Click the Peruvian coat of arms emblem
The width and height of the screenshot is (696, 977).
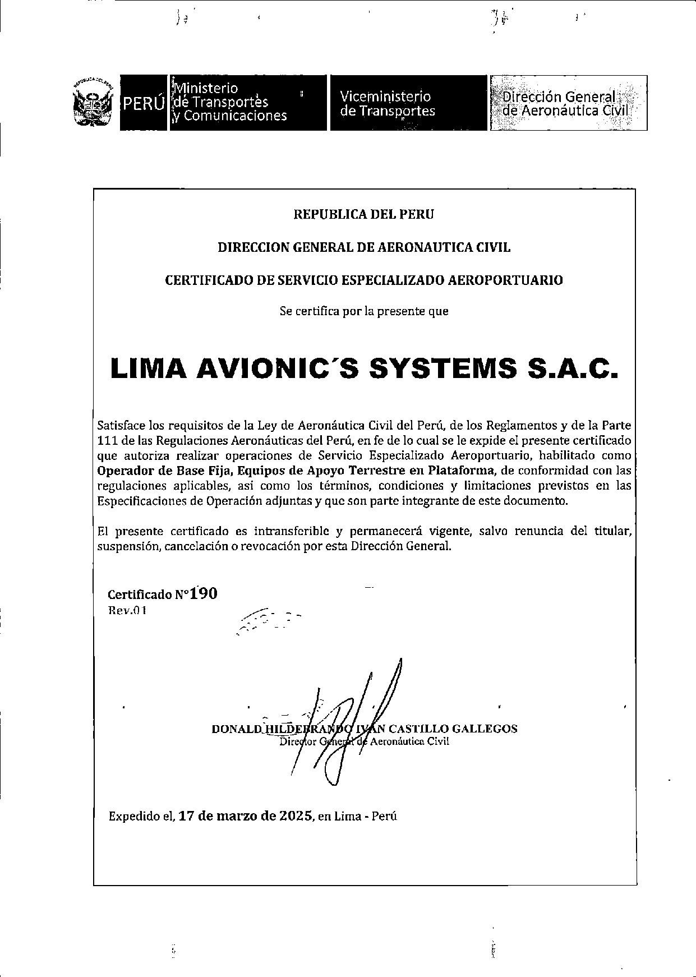(x=93, y=103)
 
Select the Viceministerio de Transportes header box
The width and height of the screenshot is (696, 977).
(x=408, y=103)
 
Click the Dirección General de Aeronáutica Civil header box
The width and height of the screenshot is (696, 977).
(x=568, y=103)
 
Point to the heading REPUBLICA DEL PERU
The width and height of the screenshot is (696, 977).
(x=364, y=214)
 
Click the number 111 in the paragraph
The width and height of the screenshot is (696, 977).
(x=108, y=440)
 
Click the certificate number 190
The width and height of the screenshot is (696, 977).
(x=204, y=593)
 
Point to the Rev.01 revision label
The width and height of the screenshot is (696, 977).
(x=127, y=610)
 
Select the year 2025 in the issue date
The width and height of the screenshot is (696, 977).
(x=296, y=816)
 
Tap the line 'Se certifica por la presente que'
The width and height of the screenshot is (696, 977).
(x=364, y=311)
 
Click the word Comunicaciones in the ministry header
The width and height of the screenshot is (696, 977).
(x=235, y=116)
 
